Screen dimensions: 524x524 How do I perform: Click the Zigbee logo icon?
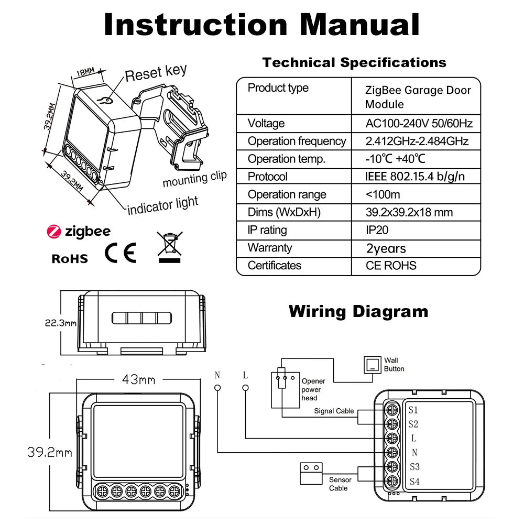[x=54, y=231]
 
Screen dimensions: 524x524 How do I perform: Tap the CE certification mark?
[x=121, y=253]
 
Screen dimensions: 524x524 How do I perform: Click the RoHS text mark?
[x=70, y=258]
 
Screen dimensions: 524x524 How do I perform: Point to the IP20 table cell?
[x=377, y=230]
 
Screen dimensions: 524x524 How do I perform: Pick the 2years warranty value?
[x=386, y=248]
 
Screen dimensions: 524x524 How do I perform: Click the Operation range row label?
[x=287, y=194]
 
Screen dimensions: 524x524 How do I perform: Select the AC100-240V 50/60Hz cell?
[x=419, y=124]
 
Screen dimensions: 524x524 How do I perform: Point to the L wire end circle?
[x=245, y=388]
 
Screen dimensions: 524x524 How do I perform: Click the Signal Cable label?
[x=334, y=411]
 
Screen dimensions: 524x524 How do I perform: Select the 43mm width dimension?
[x=138, y=378]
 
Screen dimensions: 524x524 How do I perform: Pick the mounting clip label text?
[x=194, y=179]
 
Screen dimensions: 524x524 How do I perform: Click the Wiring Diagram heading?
[x=358, y=311]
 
